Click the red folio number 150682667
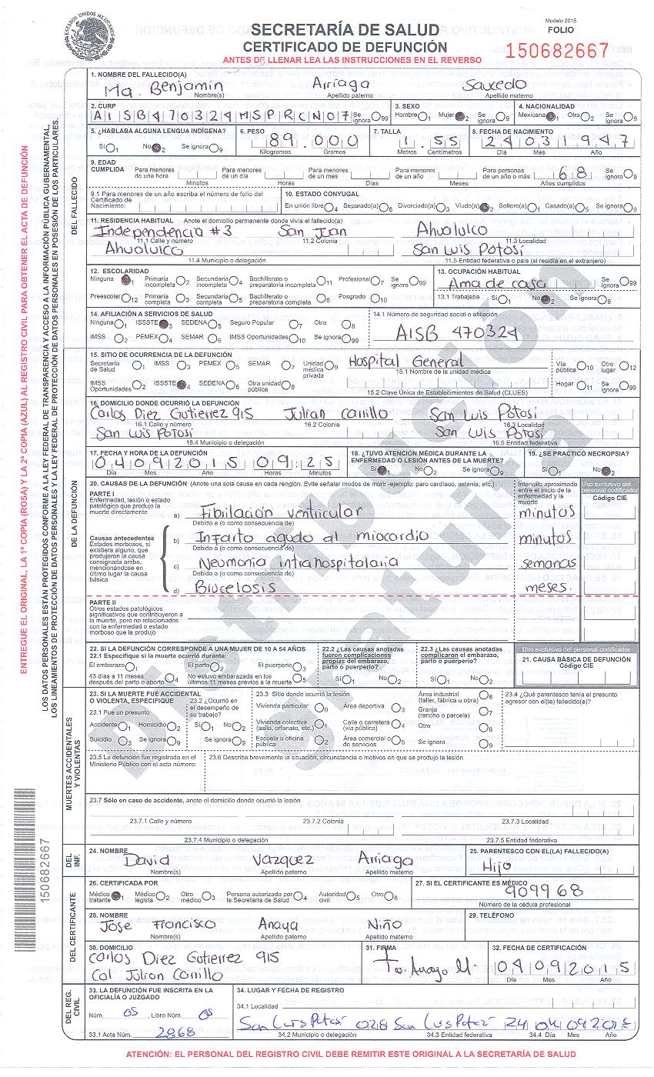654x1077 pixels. pyautogui.click(x=558, y=51)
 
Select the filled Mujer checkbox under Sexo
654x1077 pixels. pyautogui.click(x=460, y=117)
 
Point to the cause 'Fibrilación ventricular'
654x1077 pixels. pyautogui.click(x=278, y=512)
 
